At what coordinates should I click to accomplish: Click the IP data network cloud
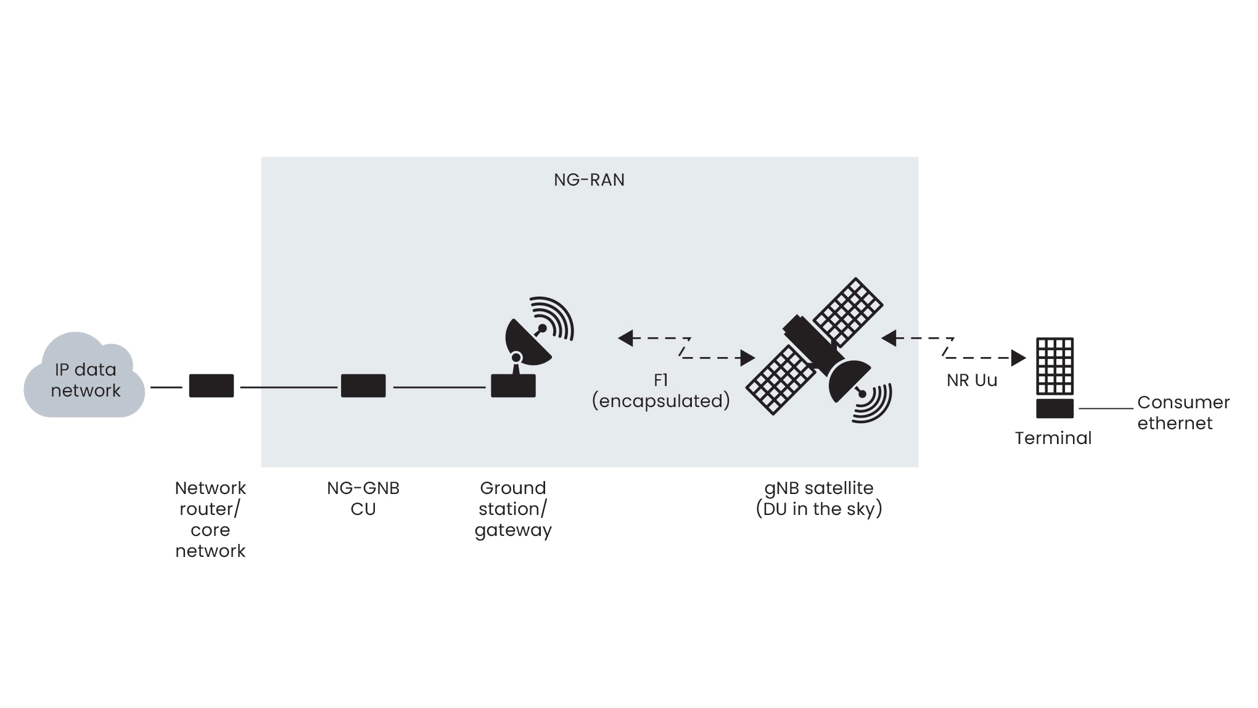tap(84, 377)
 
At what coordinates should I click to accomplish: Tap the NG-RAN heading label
tap(589, 180)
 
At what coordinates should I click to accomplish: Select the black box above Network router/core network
tap(211, 385)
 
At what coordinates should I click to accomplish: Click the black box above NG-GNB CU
tap(363, 385)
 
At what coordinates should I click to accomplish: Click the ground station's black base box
tap(513, 386)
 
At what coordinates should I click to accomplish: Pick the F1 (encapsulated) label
tap(660, 391)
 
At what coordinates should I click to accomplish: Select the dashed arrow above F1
tap(686, 348)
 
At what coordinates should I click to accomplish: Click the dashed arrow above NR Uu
tap(953, 348)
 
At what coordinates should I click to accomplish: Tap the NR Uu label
tap(972, 381)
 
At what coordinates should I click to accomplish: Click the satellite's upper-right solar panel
tap(848, 311)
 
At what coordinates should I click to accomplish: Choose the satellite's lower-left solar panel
tap(781, 379)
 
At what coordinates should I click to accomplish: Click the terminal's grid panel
tap(1054, 366)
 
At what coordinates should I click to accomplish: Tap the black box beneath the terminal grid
tap(1054, 408)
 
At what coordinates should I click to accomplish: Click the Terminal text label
tap(1053, 438)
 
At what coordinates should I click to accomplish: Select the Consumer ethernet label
tap(1183, 413)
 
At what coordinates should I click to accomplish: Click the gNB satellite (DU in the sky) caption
tap(819, 498)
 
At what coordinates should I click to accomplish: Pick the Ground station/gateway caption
tap(513, 509)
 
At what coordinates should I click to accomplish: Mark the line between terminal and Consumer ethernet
tap(1106, 408)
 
